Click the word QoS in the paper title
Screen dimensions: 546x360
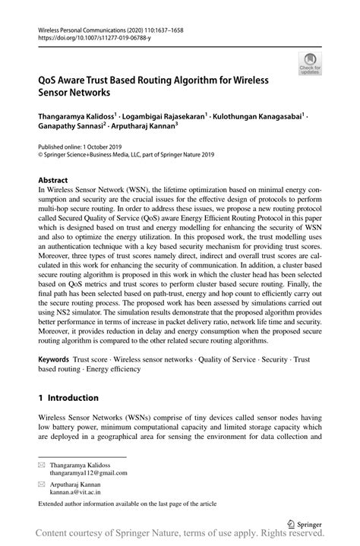[49, 80]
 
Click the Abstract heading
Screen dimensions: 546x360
[53, 181]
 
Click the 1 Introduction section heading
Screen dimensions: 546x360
[68, 397]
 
